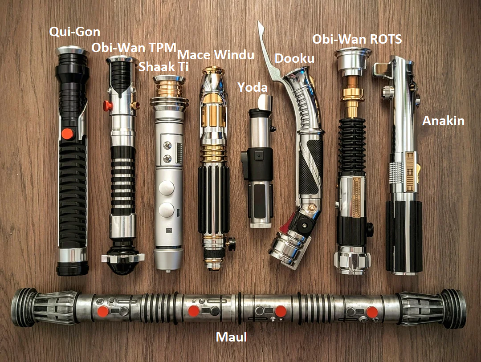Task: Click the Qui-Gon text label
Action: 75,32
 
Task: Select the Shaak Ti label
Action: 158,66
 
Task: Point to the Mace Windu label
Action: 216,55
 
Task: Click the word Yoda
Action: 252,87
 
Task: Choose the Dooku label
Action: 294,58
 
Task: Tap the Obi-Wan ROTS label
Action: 357,39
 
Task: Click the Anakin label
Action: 443,121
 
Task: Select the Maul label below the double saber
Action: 231,337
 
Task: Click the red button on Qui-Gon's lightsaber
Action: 67,133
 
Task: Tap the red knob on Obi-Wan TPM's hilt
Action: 108,106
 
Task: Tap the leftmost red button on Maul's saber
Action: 103,311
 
